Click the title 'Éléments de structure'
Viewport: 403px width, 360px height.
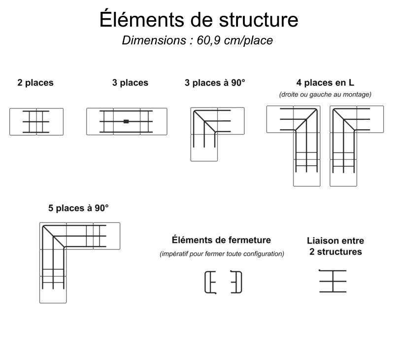coord(199,20)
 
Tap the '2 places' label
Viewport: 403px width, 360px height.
coord(35,83)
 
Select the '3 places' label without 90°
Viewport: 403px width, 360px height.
coord(130,83)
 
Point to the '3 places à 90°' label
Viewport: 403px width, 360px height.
coord(214,83)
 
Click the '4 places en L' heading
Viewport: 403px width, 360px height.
coord(325,82)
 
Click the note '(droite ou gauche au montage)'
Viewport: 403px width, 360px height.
coord(325,94)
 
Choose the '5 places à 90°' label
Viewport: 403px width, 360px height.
coord(78,208)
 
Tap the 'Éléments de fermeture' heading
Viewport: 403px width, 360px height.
coord(221,240)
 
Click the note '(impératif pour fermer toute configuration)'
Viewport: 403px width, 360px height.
coord(222,254)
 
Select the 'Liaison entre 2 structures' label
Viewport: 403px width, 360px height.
coord(336,246)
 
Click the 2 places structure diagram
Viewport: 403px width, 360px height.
coord(36,121)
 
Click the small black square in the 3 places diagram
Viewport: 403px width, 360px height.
coord(126,121)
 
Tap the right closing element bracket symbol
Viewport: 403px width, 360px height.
coord(237,282)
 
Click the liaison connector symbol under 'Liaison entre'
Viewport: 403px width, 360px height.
coord(333,281)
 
